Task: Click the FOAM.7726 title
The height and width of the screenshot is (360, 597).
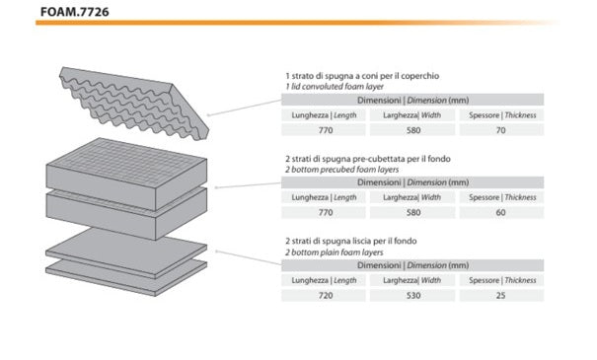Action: pos(75,12)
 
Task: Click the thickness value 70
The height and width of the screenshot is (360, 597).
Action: pos(500,130)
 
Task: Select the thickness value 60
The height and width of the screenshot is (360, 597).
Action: pos(500,212)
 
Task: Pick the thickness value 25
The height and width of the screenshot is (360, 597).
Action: pos(500,295)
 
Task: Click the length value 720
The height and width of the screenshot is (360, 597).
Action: pos(326,295)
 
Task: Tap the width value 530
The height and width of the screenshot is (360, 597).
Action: pos(413,295)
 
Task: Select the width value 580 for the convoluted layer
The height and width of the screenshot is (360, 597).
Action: pos(413,130)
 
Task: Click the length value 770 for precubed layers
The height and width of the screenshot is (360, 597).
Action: pos(326,212)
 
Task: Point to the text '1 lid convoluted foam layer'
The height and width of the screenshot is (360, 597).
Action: pos(335,87)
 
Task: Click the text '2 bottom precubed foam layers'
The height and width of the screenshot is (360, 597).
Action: pos(341,170)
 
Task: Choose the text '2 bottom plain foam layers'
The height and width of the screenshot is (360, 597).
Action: pos(335,252)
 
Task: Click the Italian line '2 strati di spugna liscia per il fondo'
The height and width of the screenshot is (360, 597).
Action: pos(351,241)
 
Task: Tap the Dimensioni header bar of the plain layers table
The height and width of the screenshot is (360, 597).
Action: pos(412,265)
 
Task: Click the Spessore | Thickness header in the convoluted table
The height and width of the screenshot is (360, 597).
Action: pos(502,115)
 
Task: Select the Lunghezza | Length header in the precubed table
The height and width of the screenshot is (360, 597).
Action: pos(324,197)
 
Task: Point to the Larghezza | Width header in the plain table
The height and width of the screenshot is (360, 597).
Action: pos(411,280)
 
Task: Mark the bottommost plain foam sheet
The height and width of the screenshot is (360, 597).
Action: pos(126,278)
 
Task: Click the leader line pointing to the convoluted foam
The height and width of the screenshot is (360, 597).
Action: pos(245,108)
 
